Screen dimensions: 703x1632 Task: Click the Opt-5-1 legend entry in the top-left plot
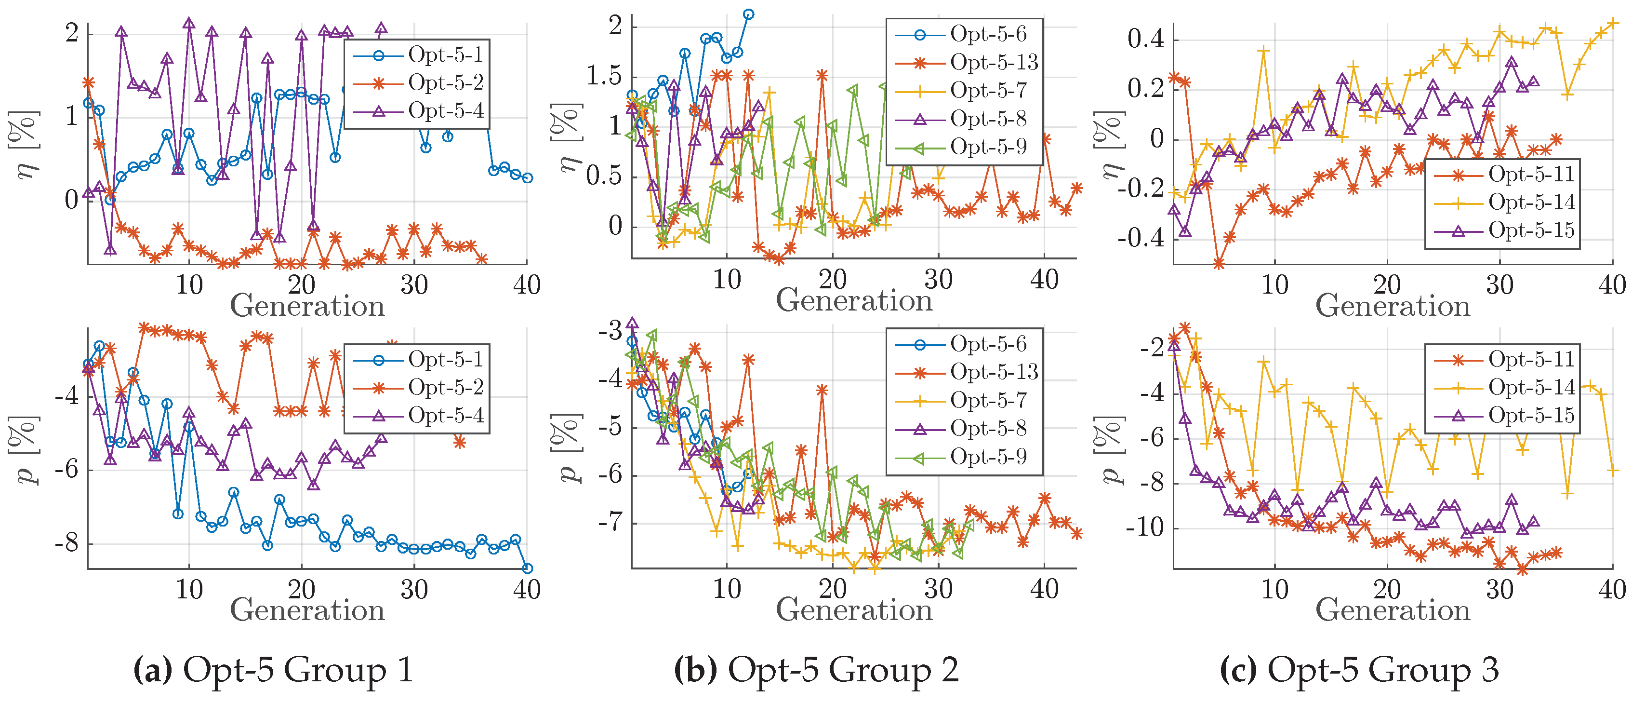pos(445,55)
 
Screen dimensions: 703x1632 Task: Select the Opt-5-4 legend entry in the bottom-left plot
pos(445,415)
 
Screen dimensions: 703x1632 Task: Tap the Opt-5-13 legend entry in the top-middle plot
pos(994,62)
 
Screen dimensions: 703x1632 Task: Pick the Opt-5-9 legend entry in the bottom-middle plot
pos(988,457)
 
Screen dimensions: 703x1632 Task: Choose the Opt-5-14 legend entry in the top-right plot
pos(1531,202)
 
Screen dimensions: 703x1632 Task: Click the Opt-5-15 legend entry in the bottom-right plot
pos(1531,415)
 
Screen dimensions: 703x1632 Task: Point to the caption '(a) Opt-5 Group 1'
pos(273,669)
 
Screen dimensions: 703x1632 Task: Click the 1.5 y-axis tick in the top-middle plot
pos(604,76)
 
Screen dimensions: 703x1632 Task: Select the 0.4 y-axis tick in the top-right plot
pos(1145,40)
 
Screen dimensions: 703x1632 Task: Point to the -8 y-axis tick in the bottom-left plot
pos(66,543)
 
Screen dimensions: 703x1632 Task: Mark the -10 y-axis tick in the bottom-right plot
pos(1144,527)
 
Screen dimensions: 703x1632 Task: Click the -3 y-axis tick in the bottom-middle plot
pos(610,331)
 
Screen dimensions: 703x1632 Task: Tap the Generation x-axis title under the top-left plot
pos(307,306)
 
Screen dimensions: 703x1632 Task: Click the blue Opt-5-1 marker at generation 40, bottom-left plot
pos(527,568)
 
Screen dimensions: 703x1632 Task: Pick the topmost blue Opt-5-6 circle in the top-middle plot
pos(748,14)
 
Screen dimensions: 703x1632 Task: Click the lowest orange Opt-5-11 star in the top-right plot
pos(1218,263)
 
